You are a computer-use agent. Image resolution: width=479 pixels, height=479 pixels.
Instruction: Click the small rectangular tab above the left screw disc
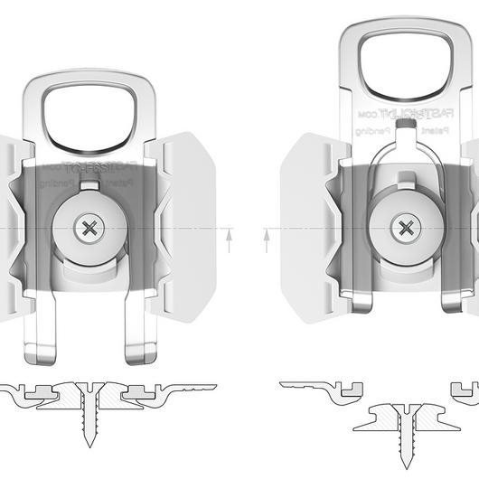tap(89, 187)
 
